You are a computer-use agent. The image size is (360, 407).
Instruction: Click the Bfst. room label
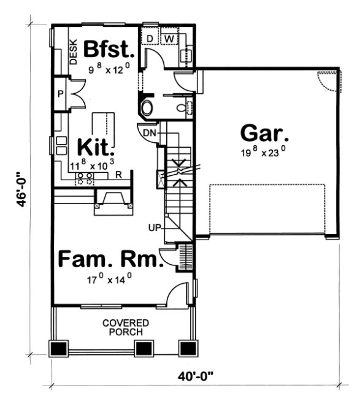pos(109,48)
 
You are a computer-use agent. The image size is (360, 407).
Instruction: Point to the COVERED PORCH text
pos(123,327)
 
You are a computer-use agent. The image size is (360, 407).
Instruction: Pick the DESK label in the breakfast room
pos(72,51)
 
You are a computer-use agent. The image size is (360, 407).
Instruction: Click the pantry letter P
pos(60,94)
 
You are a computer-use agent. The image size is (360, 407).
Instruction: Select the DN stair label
pos(148,132)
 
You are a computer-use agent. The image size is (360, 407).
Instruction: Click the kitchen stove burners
pos(85,178)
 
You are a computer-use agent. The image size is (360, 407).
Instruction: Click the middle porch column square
pos(144,348)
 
